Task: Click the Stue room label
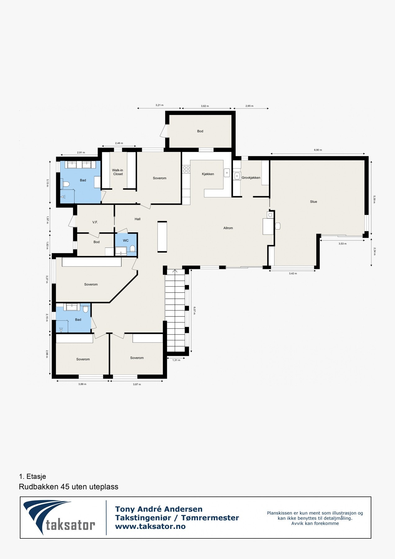313,202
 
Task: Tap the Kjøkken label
208,174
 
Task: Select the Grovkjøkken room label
251,178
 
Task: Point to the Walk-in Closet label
118,172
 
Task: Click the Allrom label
228,228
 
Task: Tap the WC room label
126,241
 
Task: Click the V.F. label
95,222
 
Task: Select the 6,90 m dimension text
318,150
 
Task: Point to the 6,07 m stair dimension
195,311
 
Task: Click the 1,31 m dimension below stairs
176,360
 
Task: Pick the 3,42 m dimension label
293,274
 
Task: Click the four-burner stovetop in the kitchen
186,169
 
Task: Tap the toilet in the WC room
132,248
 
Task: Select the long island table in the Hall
162,237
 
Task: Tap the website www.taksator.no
150,526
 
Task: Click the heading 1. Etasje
32,476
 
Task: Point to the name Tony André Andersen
159,509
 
